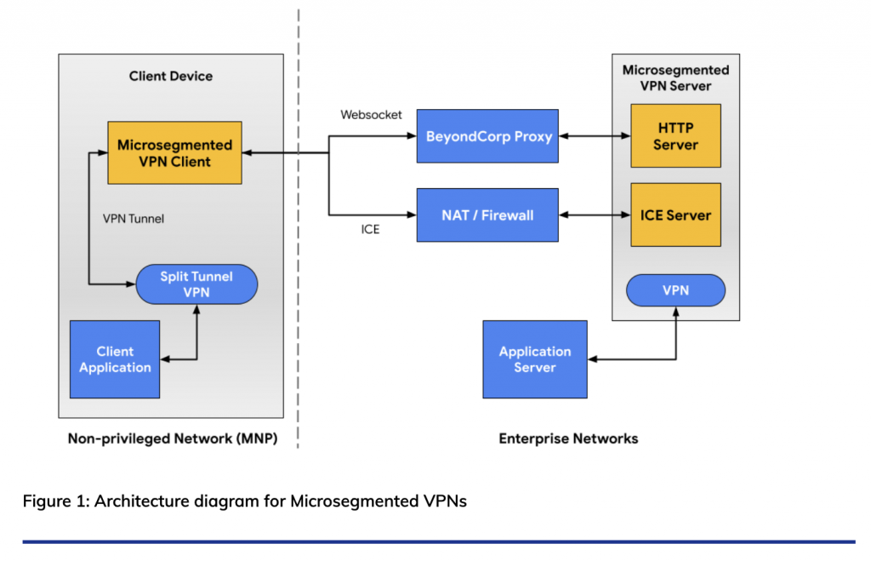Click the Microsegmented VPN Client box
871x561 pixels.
(x=175, y=153)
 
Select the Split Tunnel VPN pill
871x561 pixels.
(x=196, y=284)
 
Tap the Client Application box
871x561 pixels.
(x=115, y=359)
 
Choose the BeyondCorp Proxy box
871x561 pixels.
(x=487, y=136)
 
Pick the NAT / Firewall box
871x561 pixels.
(x=487, y=215)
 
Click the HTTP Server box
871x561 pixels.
(x=675, y=136)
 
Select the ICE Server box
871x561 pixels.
(x=675, y=215)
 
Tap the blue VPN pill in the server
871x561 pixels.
(x=675, y=290)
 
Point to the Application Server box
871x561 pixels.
(x=534, y=359)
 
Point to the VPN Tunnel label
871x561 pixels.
(x=133, y=219)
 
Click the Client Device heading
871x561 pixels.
(x=171, y=76)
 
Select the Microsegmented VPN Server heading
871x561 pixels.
(x=675, y=77)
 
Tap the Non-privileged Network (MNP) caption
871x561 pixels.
(x=172, y=439)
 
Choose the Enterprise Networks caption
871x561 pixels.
(x=568, y=439)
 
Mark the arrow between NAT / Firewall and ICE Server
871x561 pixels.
(x=594, y=215)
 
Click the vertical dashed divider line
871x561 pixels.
(x=299, y=255)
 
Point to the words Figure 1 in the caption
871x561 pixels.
(x=54, y=501)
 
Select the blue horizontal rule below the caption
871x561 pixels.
(x=438, y=541)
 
